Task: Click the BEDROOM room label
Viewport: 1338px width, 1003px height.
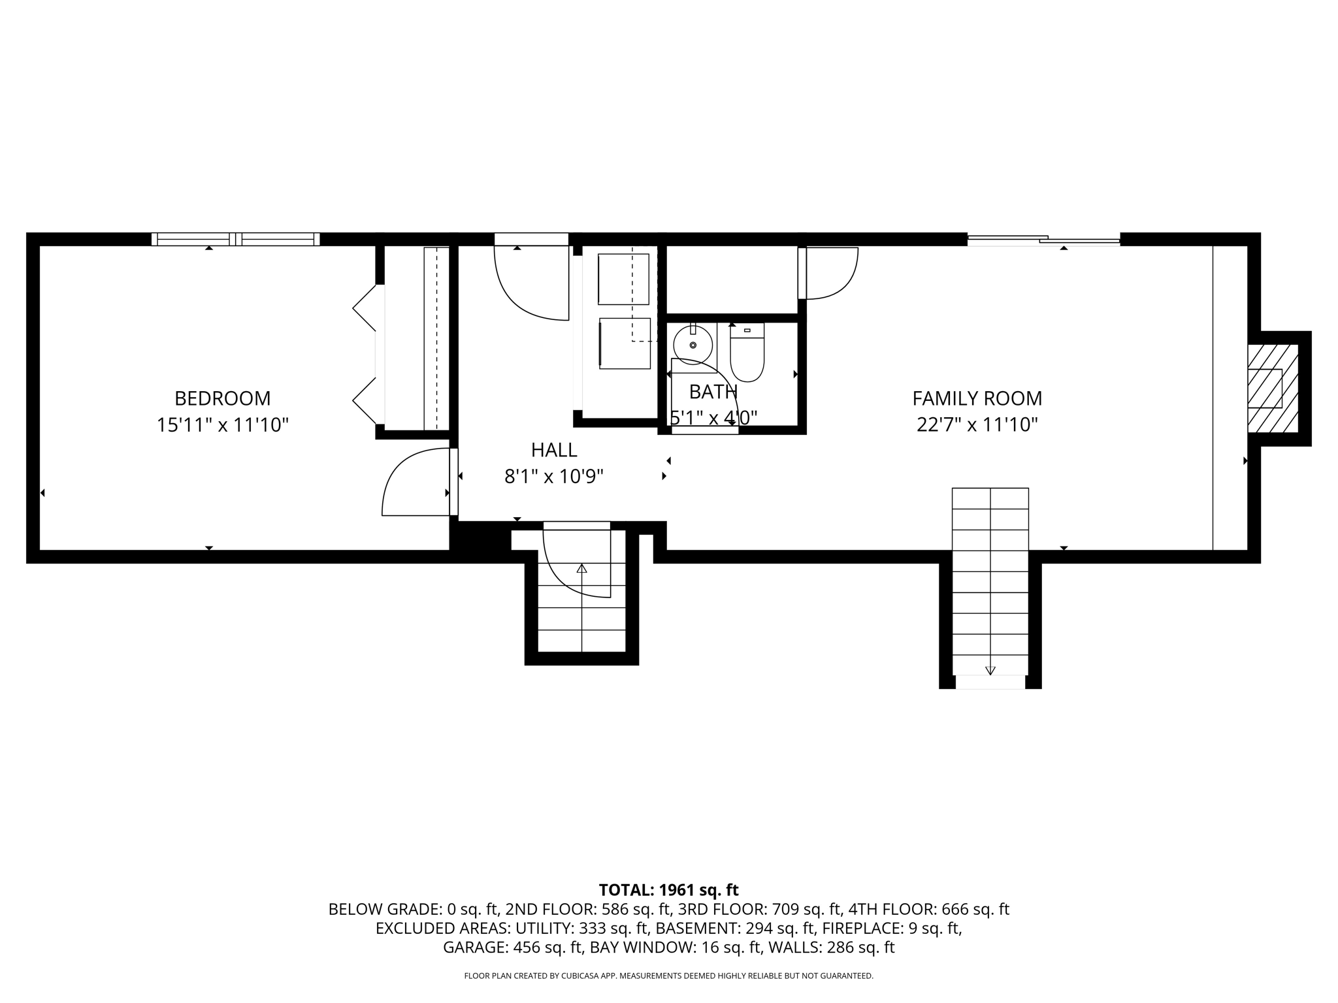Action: pos(222,398)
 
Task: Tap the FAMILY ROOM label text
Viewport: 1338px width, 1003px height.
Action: pos(977,398)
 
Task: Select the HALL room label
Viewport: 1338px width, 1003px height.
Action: pos(553,450)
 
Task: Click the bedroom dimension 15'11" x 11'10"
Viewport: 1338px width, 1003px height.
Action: pos(222,425)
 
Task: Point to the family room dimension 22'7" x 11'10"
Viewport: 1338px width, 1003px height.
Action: pos(977,425)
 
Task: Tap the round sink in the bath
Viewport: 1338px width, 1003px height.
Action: pos(693,345)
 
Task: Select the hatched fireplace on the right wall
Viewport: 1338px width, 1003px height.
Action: pos(1271,389)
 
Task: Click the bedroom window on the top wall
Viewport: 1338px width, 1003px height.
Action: pos(235,239)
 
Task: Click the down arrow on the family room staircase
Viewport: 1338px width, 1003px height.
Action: pos(990,670)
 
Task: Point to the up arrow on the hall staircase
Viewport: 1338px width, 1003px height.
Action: pos(581,569)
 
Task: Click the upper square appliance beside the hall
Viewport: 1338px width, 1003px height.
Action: pos(623,279)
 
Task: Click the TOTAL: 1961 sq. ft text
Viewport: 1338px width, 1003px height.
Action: pos(668,890)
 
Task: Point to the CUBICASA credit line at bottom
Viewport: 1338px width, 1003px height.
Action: pos(668,976)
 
